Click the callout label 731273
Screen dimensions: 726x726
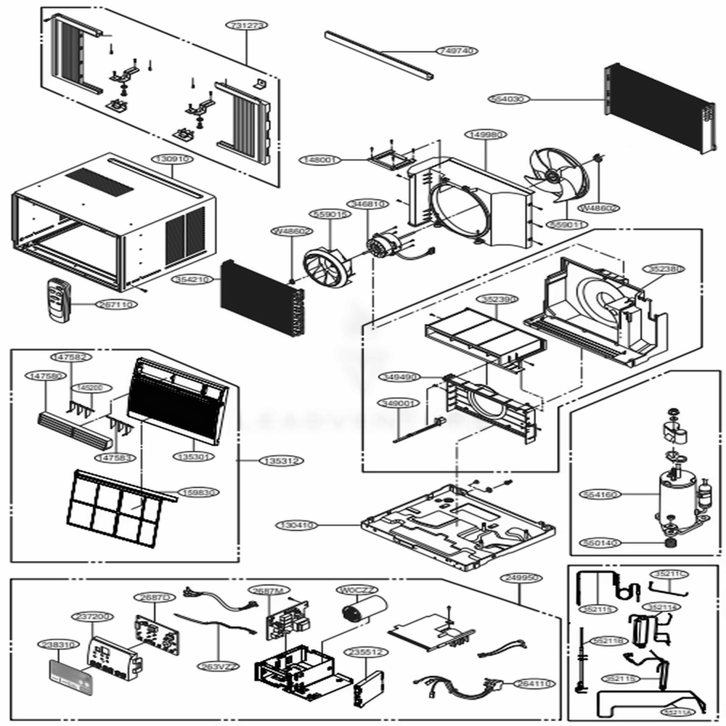point(245,24)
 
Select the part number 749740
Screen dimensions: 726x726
point(456,51)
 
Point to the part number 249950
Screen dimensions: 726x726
point(521,578)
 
